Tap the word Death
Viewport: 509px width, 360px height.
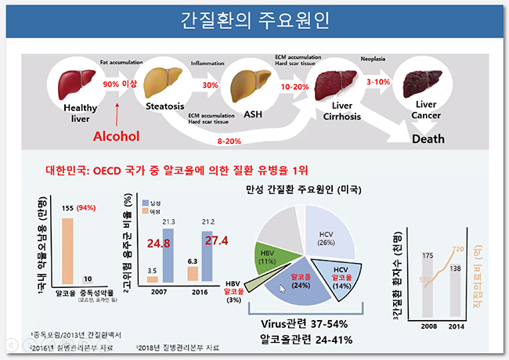click(x=428, y=139)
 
